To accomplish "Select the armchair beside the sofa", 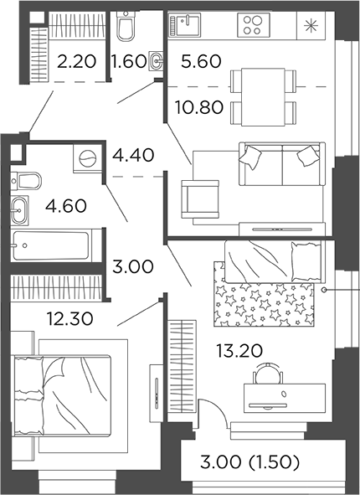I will [198, 199].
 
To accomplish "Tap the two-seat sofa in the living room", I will [280, 164].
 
